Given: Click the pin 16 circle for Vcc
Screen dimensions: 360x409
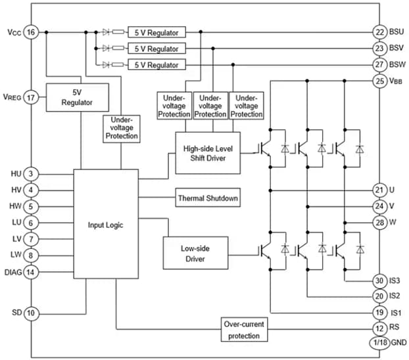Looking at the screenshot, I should coord(31,32).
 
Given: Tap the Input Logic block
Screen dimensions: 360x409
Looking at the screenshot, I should coord(105,225).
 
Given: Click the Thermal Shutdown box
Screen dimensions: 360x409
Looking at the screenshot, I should coord(206,198).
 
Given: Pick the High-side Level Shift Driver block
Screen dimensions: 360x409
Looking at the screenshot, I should coord(207,153).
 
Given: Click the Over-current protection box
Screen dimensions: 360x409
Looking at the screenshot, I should coord(245,330).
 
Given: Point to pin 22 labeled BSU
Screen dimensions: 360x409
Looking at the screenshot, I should coord(379,32).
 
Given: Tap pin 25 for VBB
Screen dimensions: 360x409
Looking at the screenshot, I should coord(379,81).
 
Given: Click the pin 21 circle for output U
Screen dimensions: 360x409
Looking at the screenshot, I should coord(379,191).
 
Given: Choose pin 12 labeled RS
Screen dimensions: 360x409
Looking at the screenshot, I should coord(379,328).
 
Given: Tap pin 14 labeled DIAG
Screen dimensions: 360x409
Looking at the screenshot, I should coord(31,271).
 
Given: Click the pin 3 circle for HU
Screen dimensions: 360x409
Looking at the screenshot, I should coord(31,174).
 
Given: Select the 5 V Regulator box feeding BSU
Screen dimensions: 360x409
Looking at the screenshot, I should coord(156,32).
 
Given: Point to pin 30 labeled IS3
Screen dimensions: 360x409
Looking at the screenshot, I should coord(379,281).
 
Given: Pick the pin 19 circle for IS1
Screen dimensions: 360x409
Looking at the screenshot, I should coord(379,312).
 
